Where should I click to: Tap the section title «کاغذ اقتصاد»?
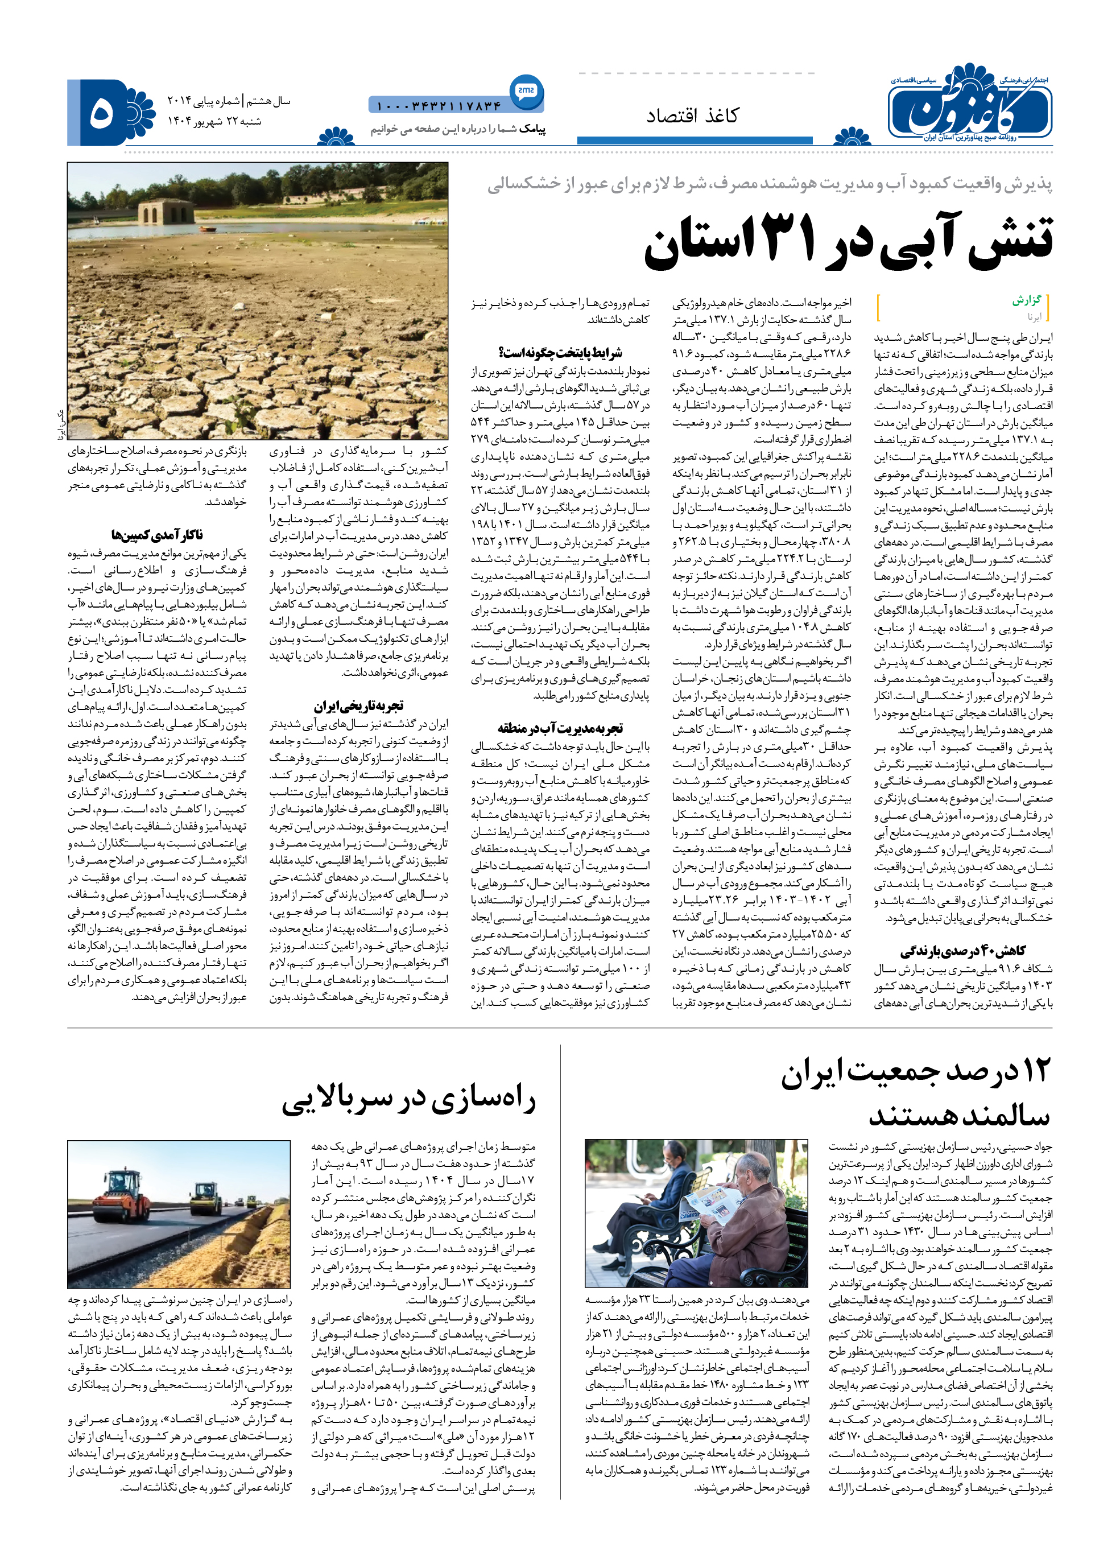[x=692, y=116]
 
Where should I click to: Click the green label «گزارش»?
[x=1026, y=300]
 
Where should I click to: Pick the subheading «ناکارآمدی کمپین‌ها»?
[x=156, y=535]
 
